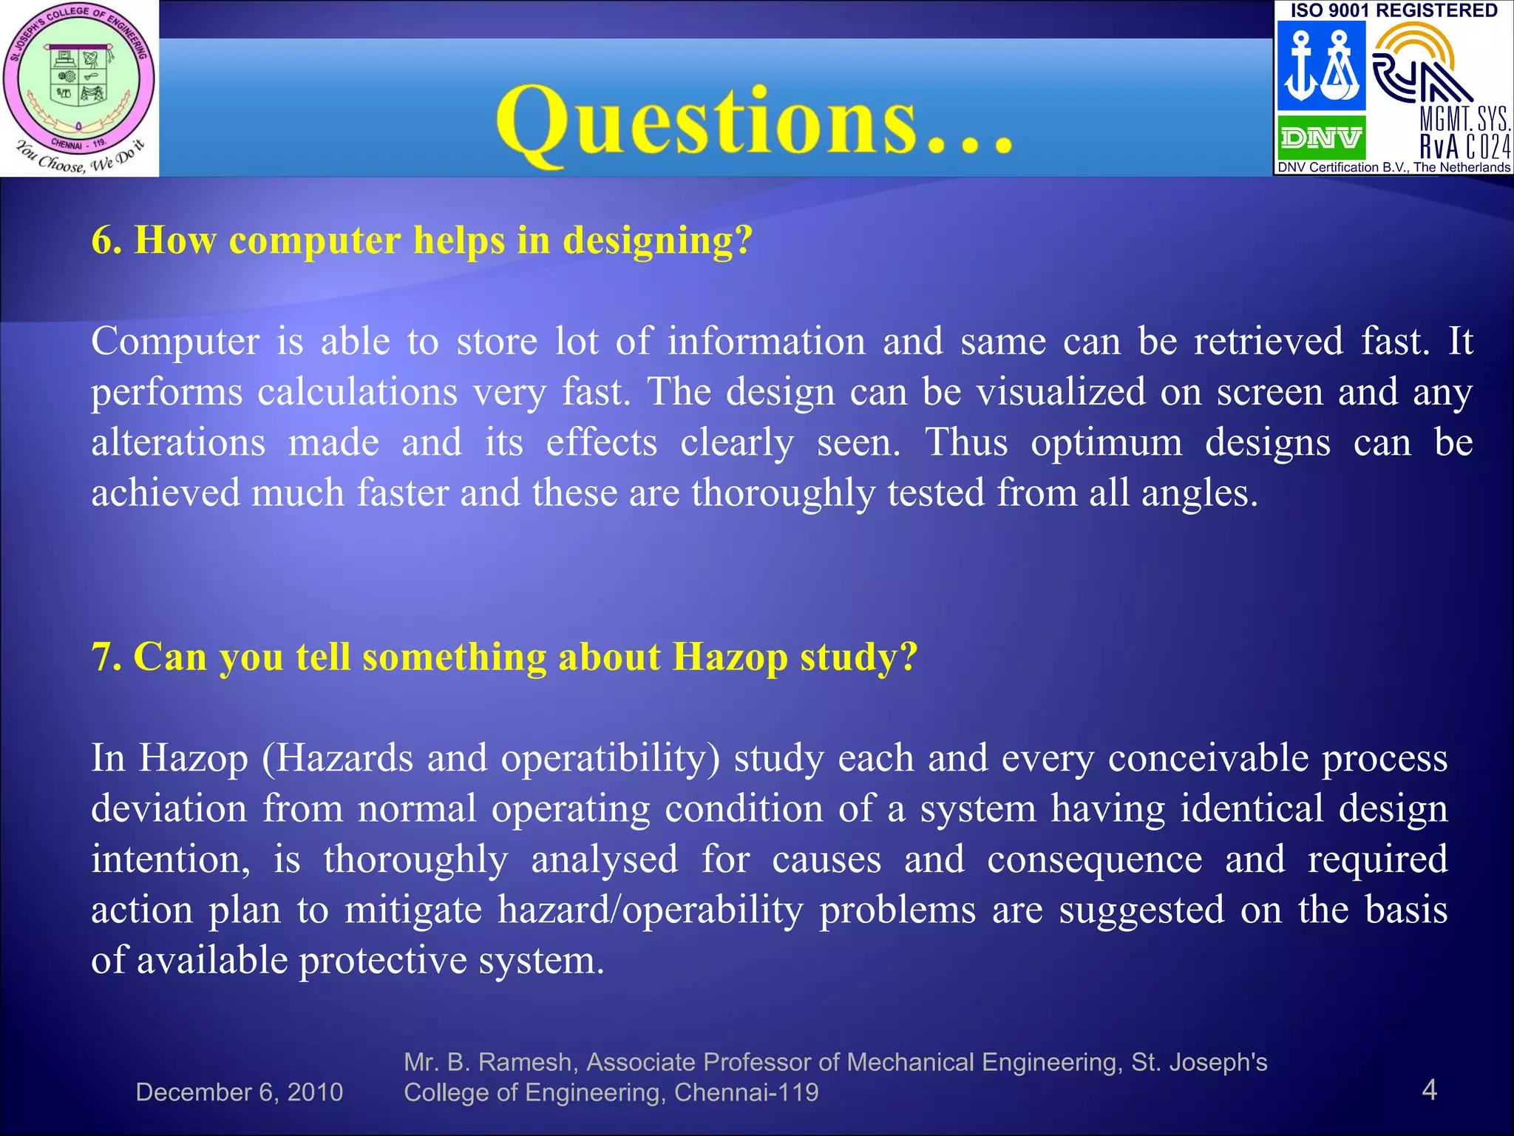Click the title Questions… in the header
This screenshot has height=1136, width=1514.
(x=754, y=122)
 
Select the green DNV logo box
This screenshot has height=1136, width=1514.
(x=1321, y=138)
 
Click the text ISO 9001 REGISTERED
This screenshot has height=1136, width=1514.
(x=1394, y=10)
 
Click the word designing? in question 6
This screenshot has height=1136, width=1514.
(x=657, y=241)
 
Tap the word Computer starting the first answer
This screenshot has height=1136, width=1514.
(x=175, y=342)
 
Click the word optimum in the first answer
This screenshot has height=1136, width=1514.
(x=1106, y=442)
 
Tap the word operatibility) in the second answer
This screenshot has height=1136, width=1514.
(x=610, y=759)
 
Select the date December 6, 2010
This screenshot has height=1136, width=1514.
(x=240, y=1092)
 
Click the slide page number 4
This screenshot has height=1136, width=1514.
(x=1429, y=1089)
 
